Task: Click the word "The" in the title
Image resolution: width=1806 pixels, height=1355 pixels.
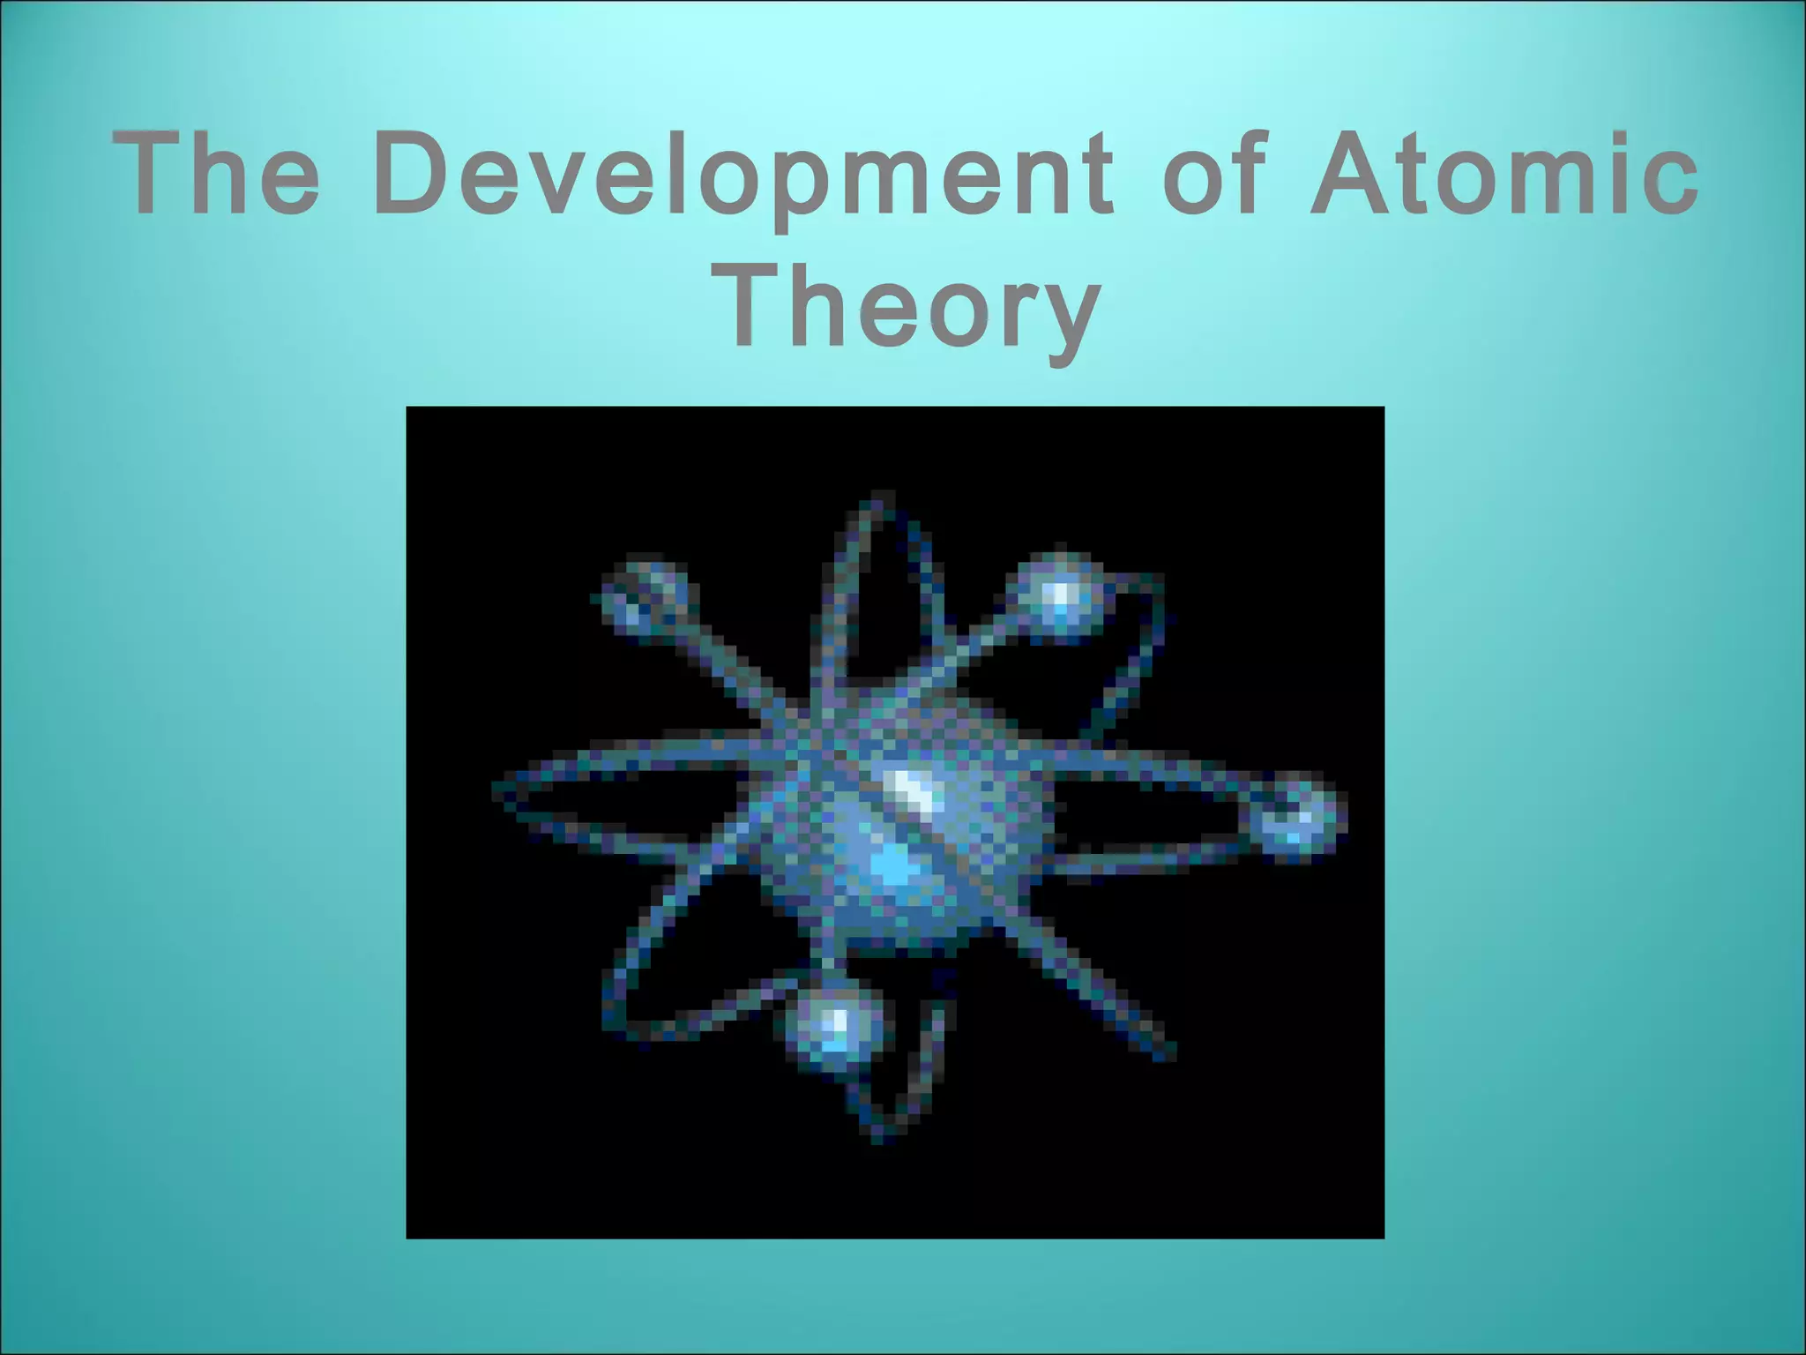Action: coord(216,173)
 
